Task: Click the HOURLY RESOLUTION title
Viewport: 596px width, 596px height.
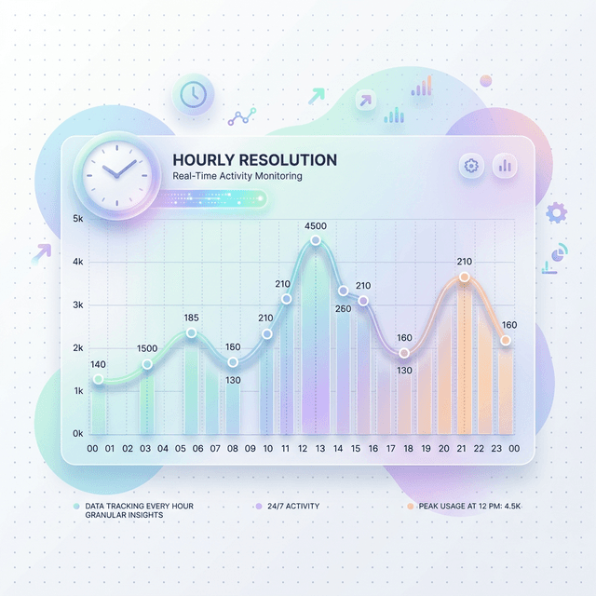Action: pos(255,160)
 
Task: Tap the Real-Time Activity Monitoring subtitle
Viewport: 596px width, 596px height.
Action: pos(237,176)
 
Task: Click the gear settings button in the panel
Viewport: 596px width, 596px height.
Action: pos(471,166)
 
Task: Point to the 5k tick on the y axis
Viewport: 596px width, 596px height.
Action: pos(77,219)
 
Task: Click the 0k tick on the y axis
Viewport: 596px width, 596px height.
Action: pos(77,434)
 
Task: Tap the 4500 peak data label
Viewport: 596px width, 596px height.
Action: pos(316,226)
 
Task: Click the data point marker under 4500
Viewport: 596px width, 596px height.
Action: pos(316,240)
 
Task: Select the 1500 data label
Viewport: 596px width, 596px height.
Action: pos(147,348)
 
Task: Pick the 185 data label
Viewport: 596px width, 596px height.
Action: pos(192,318)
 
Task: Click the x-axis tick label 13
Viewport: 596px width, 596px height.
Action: pos(320,449)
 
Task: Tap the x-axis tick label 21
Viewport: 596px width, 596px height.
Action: pos(461,449)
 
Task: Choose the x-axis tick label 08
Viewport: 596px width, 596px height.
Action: pos(233,449)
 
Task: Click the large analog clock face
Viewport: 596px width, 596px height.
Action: pos(116,172)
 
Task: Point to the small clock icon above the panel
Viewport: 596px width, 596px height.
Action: pos(193,94)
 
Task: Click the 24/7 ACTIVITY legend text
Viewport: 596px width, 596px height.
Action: pos(292,506)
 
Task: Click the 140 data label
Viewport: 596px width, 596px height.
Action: pos(99,364)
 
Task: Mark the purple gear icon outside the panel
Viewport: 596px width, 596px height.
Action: pos(557,212)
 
